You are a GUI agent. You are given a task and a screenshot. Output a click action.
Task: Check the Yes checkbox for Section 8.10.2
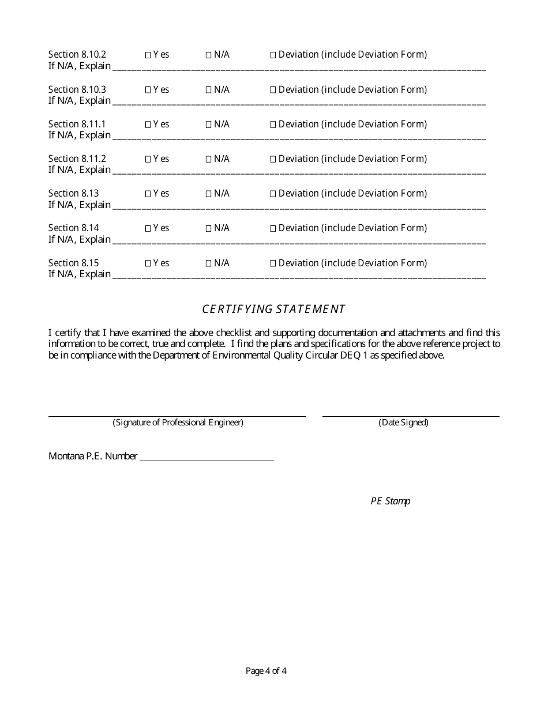coord(148,55)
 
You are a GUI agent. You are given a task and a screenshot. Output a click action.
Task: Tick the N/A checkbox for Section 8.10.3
coord(209,90)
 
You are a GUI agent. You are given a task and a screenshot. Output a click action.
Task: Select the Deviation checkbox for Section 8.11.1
coord(273,125)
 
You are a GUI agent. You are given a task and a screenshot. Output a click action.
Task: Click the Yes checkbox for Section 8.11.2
coord(148,159)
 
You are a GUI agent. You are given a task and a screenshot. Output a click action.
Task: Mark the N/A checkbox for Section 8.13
coord(209,194)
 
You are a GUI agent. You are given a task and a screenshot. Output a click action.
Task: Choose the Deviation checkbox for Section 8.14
coord(273,228)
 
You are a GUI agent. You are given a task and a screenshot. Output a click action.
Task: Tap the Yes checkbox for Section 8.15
coord(148,263)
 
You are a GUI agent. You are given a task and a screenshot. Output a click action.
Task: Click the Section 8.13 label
coord(73,193)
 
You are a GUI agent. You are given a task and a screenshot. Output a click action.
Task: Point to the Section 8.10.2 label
coord(77,55)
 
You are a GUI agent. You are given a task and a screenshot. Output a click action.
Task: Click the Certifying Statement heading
coord(273,309)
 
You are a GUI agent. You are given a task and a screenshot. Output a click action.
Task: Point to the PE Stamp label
coord(390,501)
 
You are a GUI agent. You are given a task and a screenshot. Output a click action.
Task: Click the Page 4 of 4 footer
coord(266,670)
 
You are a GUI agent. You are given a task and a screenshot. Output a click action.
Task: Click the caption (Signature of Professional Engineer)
coord(178,423)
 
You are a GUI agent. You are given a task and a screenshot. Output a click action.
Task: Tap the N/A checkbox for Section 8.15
coord(209,263)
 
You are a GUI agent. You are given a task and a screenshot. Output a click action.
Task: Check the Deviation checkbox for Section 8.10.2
coord(273,55)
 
